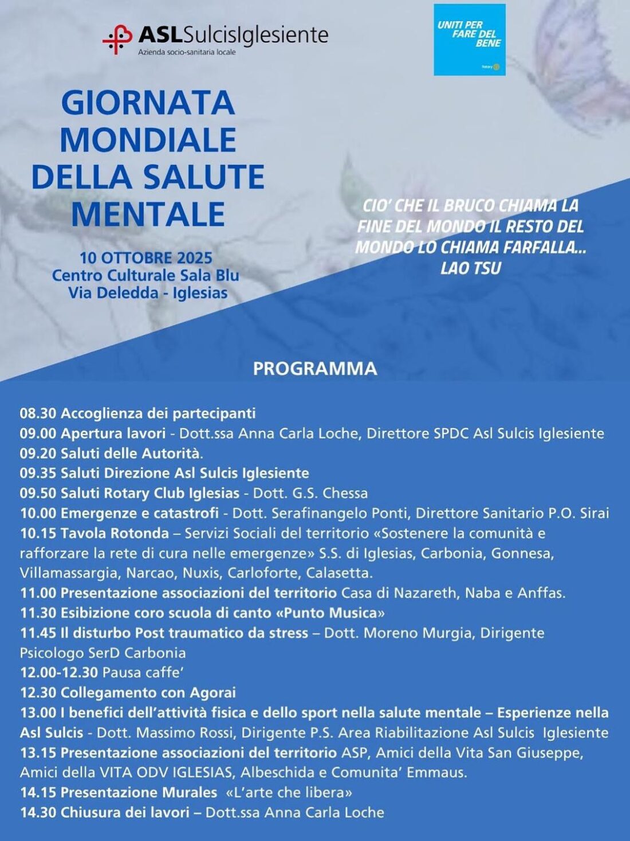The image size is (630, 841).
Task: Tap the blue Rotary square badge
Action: tap(469, 40)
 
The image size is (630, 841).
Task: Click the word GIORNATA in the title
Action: tap(148, 103)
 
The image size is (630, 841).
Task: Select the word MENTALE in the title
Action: tap(148, 214)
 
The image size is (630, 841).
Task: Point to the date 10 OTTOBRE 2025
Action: tap(145, 257)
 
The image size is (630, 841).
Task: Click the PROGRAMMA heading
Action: tap(315, 368)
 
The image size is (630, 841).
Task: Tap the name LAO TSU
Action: tap(470, 268)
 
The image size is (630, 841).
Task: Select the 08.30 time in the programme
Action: tap(38, 413)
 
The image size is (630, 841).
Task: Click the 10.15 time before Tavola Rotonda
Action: tap(38, 533)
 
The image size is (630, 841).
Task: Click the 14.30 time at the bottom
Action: tap(38, 812)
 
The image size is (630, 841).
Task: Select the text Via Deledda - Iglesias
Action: tap(148, 293)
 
